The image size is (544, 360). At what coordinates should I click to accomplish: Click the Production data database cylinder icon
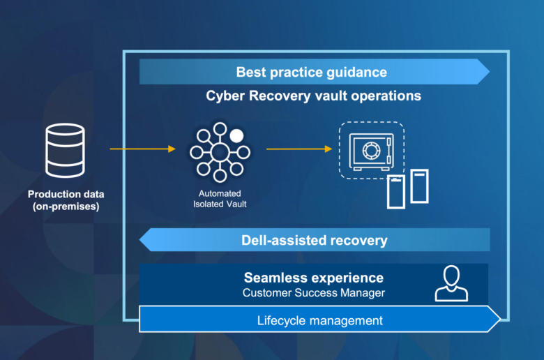(x=66, y=150)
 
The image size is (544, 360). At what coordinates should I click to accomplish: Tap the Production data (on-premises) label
(x=66, y=200)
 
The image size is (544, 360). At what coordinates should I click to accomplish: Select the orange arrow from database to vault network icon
(x=142, y=149)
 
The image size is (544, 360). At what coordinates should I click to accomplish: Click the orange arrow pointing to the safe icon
(x=299, y=149)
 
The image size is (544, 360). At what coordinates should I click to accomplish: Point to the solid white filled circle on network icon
(x=236, y=136)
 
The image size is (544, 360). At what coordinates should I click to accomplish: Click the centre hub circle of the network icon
(x=220, y=152)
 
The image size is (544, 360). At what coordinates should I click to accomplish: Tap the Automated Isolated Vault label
(x=220, y=199)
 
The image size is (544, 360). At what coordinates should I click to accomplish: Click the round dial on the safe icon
(x=371, y=151)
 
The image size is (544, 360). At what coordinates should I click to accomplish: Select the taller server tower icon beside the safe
(x=419, y=186)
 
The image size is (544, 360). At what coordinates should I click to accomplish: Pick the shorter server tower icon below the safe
(x=396, y=192)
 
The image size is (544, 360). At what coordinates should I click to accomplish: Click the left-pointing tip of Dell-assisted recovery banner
(x=139, y=240)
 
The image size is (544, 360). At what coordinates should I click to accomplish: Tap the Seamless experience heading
(x=314, y=278)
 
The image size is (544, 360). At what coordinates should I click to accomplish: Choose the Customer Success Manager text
(x=314, y=293)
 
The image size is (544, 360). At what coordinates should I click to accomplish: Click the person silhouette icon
(x=451, y=284)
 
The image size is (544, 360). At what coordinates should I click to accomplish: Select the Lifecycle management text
(x=320, y=320)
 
